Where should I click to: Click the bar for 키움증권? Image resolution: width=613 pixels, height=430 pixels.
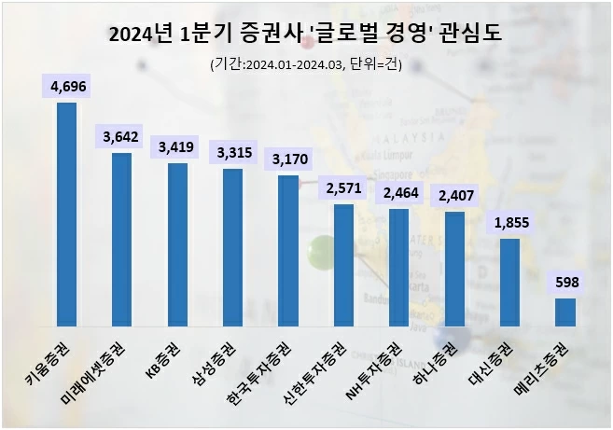(66, 215)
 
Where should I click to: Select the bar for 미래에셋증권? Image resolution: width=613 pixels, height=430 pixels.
(121, 240)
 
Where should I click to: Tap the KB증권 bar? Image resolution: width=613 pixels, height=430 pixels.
(177, 244)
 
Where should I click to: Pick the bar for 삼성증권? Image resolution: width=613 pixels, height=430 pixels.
(232, 247)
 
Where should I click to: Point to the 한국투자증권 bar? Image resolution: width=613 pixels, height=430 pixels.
(288, 251)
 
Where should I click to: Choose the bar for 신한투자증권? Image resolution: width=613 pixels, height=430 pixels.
(343, 265)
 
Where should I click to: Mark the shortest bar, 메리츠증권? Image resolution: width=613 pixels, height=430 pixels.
(565, 312)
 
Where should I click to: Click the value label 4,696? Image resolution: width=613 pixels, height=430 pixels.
(66, 87)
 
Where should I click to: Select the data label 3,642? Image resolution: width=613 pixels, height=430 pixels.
(121, 137)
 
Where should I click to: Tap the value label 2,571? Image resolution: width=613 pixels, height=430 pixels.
(343, 189)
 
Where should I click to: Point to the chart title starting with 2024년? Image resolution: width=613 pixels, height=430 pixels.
(305, 35)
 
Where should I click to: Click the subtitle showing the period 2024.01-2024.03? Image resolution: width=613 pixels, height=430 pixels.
(306, 64)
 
